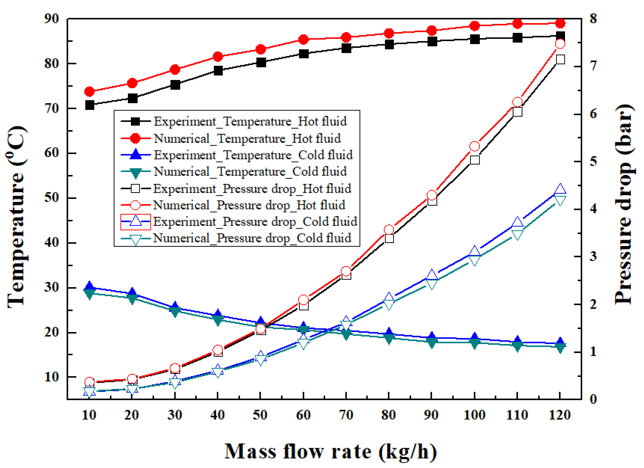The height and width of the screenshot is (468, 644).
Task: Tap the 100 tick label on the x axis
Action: [474, 415]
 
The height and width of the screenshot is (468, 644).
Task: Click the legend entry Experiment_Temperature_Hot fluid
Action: [250, 122]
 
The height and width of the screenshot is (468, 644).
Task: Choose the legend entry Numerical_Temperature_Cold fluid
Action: [250, 171]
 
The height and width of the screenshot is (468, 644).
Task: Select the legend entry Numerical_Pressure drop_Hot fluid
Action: [249, 205]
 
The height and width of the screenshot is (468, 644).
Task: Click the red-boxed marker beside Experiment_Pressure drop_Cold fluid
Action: [135, 221]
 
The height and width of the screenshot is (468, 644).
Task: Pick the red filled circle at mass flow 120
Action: [560, 23]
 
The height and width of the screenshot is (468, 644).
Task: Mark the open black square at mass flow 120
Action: [560, 59]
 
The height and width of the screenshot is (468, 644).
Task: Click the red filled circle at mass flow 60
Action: [304, 39]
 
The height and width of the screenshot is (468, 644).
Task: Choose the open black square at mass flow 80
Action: [389, 238]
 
